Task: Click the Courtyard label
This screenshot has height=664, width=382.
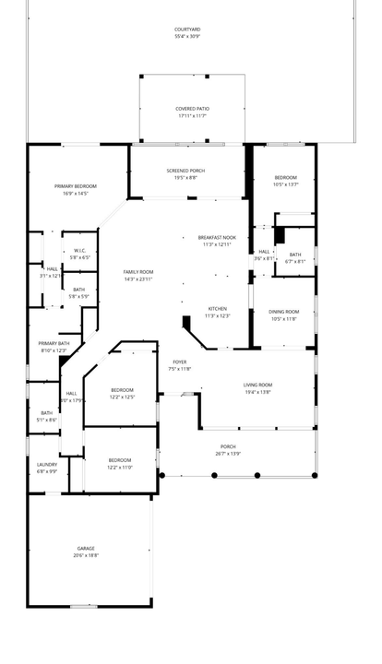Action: click(x=188, y=30)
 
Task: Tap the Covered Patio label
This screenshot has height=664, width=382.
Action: click(x=192, y=108)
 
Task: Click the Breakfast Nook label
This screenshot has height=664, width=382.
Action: click(x=217, y=238)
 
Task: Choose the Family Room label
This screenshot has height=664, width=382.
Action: click(x=138, y=272)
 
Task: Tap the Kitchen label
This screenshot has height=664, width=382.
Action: click(x=217, y=309)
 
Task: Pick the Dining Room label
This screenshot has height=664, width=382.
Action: click(x=284, y=312)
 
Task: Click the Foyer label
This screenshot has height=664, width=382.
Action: click(x=180, y=362)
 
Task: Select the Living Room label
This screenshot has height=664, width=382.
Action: click(x=257, y=385)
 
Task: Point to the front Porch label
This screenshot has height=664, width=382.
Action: click(x=228, y=446)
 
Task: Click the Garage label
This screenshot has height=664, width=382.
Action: click(x=86, y=549)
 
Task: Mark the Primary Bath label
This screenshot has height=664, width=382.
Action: click(x=54, y=344)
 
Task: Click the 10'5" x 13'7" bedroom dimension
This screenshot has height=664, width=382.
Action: click(x=286, y=184)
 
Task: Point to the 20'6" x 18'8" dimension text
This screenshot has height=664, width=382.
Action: click(x=86, y=555)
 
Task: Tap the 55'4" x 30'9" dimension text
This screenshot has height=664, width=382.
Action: click(x=188, y=36)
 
